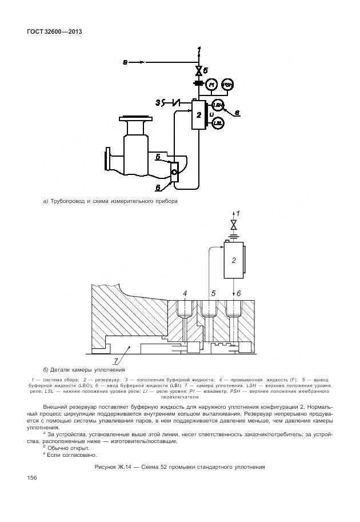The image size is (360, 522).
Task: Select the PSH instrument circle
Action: (x=227, y=85)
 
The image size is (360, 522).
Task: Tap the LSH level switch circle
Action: (x=217, y=105)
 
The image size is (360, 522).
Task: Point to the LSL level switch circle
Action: (x=217, y=122)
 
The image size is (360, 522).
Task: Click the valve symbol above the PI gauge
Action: (x=198, y=70)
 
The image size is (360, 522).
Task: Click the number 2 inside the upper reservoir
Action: (x=198, y=115)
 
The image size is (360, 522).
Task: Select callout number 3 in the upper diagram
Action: (x=158, y=102)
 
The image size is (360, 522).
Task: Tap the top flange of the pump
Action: (x=135, y=119)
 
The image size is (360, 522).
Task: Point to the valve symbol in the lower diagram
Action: (x=233, y=223)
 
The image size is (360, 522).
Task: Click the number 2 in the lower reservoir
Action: (x=233, y=260)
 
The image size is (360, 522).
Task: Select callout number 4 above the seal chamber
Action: (x=185, y=293)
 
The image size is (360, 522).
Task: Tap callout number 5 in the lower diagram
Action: (x=213, y=293)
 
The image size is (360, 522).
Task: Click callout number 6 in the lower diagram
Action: (x=238, y=293)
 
